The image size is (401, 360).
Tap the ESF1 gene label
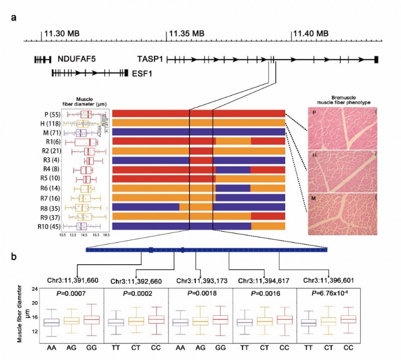pos(142,73)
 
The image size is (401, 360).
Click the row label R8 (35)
pos(47,207)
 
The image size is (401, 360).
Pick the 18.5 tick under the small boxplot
pos(105,234)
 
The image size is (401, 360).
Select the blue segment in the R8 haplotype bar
pos(146,207)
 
